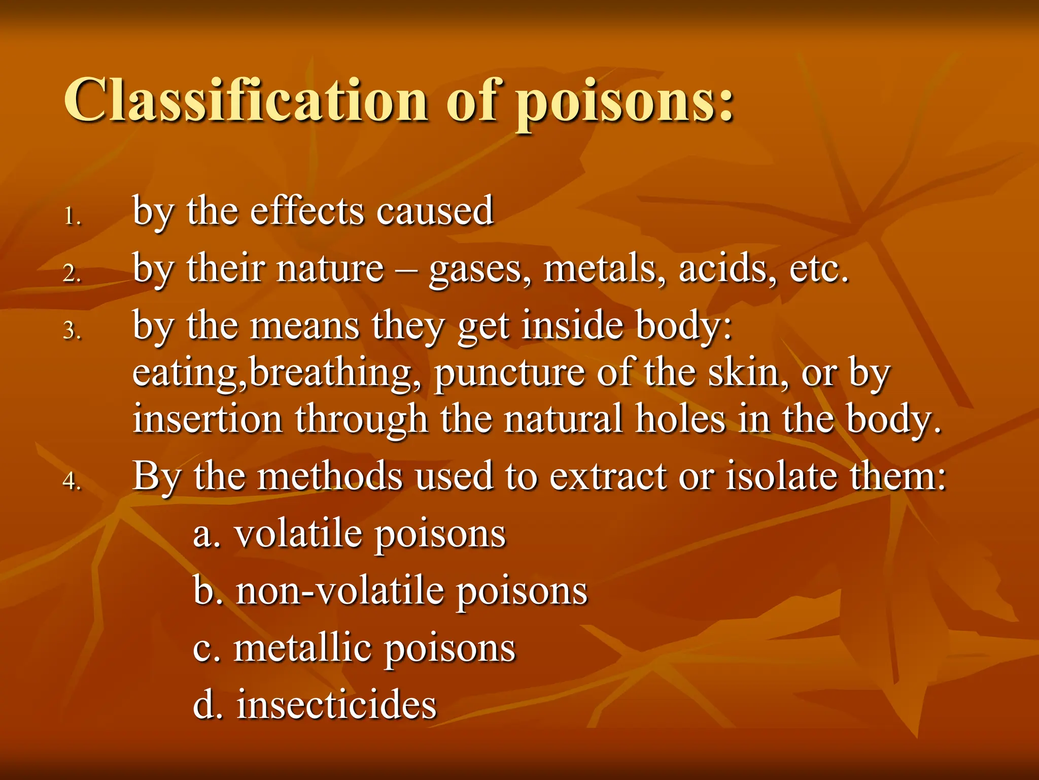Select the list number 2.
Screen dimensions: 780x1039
point(72,274)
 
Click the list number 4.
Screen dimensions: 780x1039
point(72,481)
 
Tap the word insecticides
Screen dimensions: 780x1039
point(336,705)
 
